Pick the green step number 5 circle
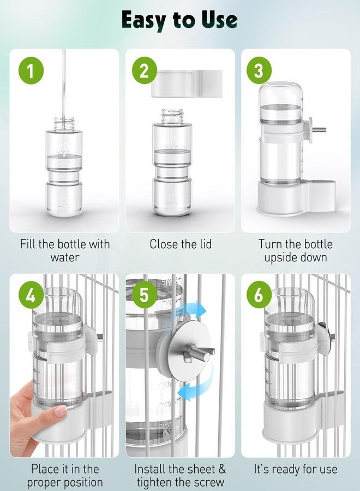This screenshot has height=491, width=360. point(145,295)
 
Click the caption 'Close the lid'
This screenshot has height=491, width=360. point(181,244)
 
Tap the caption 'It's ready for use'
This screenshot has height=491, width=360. point(296,469)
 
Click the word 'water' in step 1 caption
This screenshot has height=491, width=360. point(64,257)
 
